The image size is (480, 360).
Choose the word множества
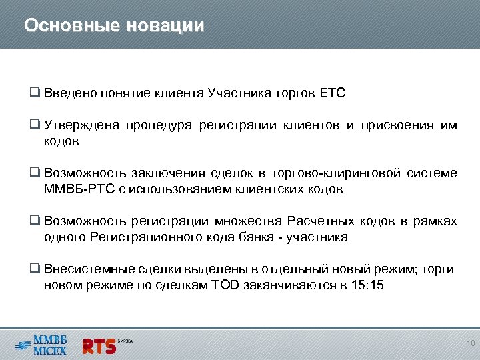(249, 221)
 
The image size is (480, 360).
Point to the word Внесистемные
(82, 269)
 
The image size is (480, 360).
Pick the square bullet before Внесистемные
(35, 269)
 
